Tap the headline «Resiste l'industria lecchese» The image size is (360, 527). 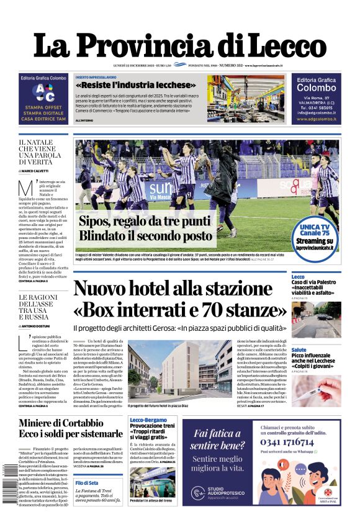click(x=135, y=84)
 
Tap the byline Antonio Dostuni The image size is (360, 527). click(x=40, y=326)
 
